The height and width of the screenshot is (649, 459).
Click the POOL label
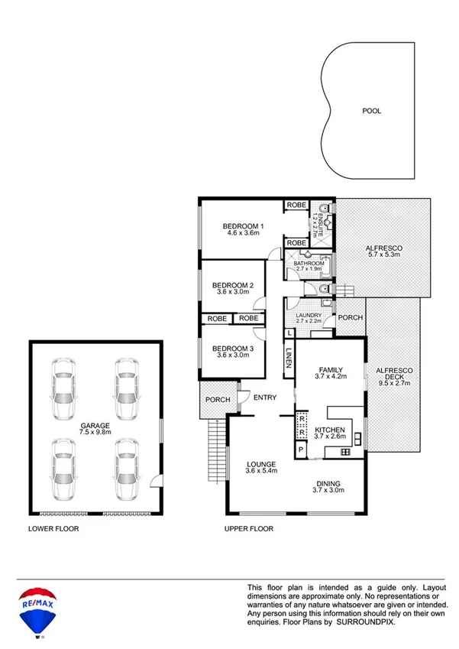click(x=371, y=111)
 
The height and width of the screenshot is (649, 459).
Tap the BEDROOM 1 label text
click(x=243, y=226)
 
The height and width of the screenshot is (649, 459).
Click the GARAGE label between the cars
click(x=95, y=425)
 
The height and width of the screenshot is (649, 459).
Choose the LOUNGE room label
click(x=260, y=464)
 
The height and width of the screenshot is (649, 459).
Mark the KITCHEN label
click(x=329, y=430)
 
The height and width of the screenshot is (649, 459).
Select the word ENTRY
click(x=265, y=396)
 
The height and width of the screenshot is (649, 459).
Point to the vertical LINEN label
click(x=289, y=358)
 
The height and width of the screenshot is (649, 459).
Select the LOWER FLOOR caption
click(x=53, y=528)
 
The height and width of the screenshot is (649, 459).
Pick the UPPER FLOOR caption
click(x=248, y=528)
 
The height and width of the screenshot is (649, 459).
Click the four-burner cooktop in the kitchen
click(x=344, y=452)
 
